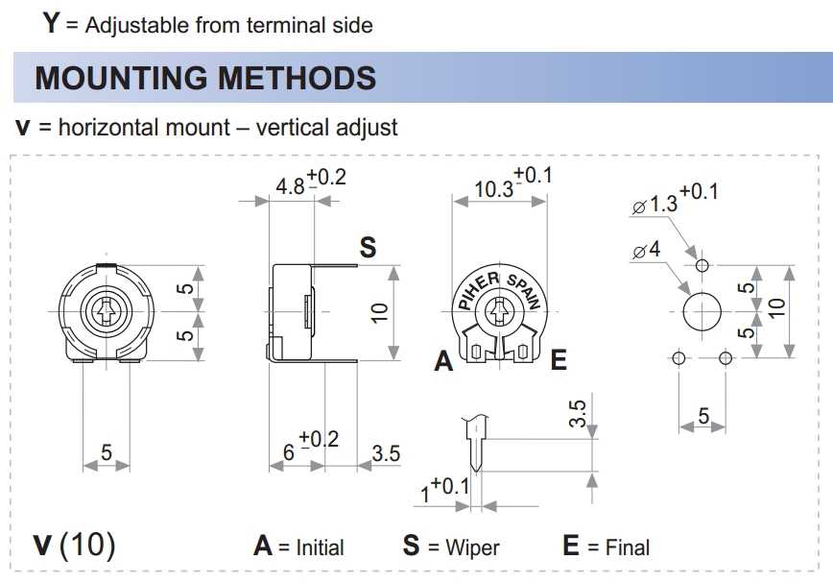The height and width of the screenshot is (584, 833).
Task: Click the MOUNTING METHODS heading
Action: click(205, 78)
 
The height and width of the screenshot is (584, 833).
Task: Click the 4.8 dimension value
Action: click(290, 186)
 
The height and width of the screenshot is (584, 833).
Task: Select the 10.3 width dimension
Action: click(493, 189)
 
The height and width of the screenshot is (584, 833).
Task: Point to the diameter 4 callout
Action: click(647, 250)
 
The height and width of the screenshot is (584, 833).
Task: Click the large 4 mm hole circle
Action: click(702, 311)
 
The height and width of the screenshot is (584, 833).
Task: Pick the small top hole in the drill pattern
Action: click(702, 265)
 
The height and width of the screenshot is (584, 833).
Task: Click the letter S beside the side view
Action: click(368, 247)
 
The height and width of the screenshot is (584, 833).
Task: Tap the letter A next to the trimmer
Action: click(443, 361)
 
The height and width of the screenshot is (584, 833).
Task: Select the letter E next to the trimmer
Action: click(559, 359)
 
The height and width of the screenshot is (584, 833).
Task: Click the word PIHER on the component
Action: click(478, 290)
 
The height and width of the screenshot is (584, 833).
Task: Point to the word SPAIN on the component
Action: click(524, 290)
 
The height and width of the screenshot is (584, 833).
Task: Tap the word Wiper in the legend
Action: click(472, 547)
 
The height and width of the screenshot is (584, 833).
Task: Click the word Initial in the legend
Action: click(320, 547)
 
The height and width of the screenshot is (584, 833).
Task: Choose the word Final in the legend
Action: click(627, 547)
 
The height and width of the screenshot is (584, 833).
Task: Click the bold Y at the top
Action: click(51, 23)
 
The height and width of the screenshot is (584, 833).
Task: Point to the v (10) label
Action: click(74, 545)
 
